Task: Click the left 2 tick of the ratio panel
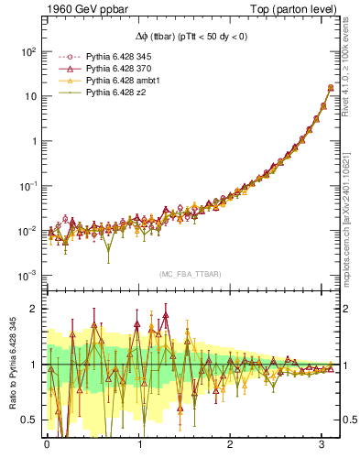click(37, 309)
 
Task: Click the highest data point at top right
click(330, 88)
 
